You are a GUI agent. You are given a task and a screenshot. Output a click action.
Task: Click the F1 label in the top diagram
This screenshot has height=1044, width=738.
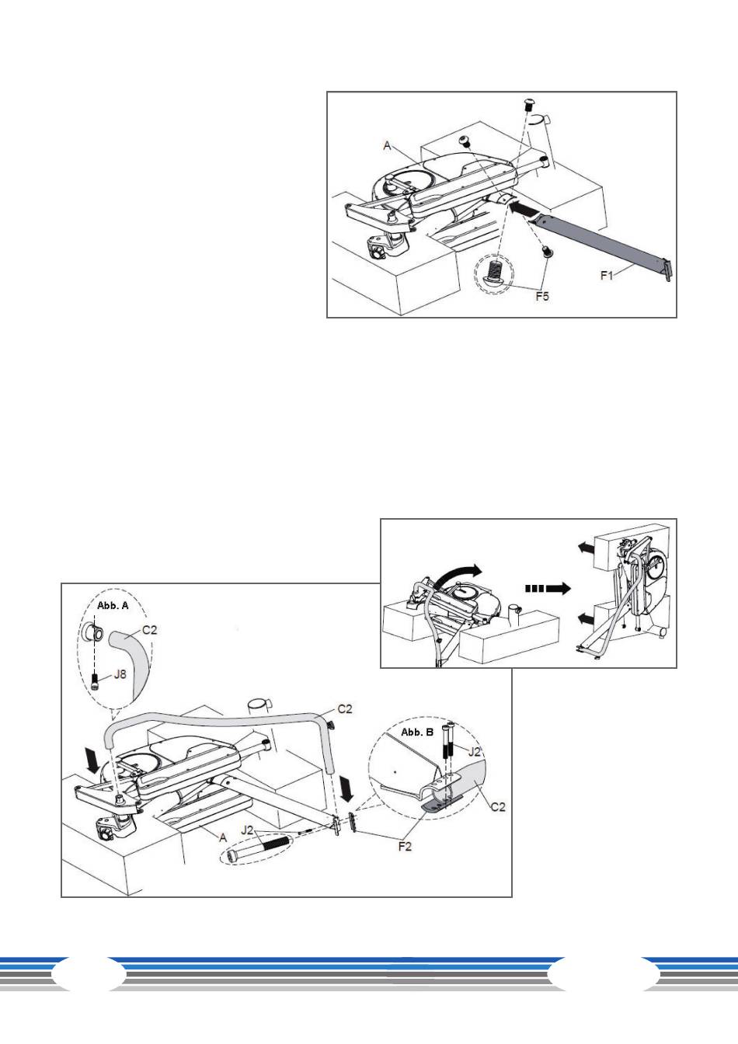tap(607, 276)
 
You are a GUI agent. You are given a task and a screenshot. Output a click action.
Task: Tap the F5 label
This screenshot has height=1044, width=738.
tap(542, 296)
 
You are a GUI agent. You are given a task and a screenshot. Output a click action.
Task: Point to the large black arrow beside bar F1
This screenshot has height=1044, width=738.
tap(524, 207)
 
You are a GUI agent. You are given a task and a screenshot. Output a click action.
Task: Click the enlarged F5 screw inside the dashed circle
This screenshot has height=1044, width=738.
tap(495, 272)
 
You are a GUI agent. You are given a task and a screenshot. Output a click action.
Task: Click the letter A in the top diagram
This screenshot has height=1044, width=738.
tap(387, 146)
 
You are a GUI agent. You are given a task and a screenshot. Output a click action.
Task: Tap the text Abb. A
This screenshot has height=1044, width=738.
tap(113, 605)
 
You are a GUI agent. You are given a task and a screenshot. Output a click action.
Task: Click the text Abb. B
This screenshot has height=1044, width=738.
tap(417, 732)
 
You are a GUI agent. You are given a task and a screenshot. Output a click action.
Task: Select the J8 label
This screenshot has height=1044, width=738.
tap(120, 674)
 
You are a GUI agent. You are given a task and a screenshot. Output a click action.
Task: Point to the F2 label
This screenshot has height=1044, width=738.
tap(405, 846)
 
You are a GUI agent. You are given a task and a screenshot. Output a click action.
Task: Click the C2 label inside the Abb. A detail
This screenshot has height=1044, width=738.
tap(149, 630)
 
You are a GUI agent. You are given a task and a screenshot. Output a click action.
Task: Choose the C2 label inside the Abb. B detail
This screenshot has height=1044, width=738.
tap(498, 806)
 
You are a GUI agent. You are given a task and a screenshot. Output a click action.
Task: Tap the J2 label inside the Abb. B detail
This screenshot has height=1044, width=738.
tap(474, 751)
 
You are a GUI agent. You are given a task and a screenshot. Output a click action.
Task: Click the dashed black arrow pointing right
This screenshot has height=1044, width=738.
tap(548, 588)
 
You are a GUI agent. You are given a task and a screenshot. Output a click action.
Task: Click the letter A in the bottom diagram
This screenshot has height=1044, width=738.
tap(223, 837)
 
